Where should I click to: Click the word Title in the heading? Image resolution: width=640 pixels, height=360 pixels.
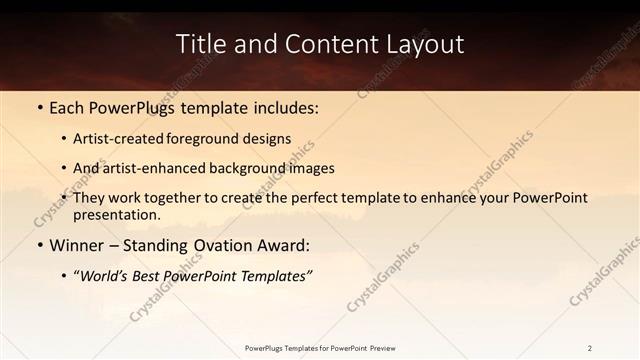200,44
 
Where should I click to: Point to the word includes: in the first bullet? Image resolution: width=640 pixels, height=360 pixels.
285,107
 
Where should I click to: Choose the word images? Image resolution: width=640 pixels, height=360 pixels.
309,168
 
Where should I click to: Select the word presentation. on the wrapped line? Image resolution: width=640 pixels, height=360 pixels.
117,214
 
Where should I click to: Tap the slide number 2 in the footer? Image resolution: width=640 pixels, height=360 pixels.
590,348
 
